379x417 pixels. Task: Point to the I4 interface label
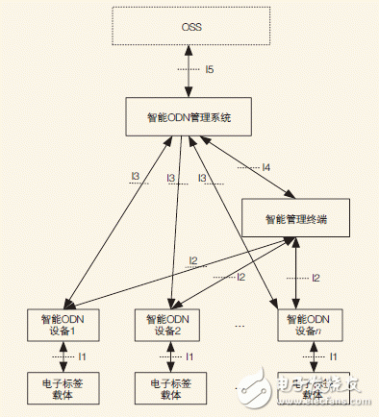pyautogui.click(x=265, y=167)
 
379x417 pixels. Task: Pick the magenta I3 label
pyautogui.click(x=170, y=178)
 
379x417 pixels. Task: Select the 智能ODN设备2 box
pyautogui.click(x=171, y=322)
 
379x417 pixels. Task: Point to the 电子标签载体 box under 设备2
pyautogui.click(x=171, y=386)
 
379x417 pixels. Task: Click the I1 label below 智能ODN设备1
pyautogui.click(x=82, y=356)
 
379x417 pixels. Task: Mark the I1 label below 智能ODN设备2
pyautogui.click(x=189, y=356)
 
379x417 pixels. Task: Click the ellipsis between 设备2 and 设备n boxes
pyautogui.click(x=240, y=325)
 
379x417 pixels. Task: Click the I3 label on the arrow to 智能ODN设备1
pyautogui.click(x=136, y=178)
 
